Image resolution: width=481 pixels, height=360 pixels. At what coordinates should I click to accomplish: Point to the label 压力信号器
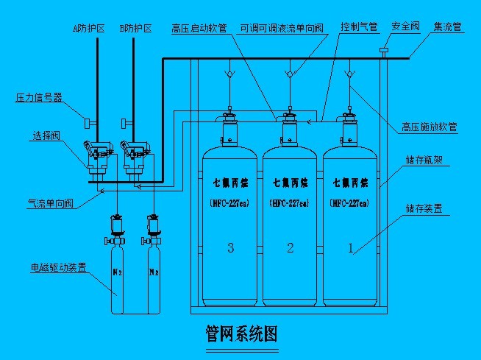38,96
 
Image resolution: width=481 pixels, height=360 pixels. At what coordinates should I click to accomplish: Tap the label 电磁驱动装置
58,267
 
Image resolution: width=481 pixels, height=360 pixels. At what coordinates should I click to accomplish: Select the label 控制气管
359,27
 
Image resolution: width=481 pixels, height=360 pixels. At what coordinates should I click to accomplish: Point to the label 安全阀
406,27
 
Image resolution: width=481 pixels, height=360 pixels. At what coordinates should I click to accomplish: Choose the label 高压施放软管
430,127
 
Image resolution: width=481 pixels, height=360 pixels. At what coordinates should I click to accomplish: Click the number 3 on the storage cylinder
231,248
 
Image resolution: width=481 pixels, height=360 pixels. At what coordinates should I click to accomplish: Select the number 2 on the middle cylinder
291,248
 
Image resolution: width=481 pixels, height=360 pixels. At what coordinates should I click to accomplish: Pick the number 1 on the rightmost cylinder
350,248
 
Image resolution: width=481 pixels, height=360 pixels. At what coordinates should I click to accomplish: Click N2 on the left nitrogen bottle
115,272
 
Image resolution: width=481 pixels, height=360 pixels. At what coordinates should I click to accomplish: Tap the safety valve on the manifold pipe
384,52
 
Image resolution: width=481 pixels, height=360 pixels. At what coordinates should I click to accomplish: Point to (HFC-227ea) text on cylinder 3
231,202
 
